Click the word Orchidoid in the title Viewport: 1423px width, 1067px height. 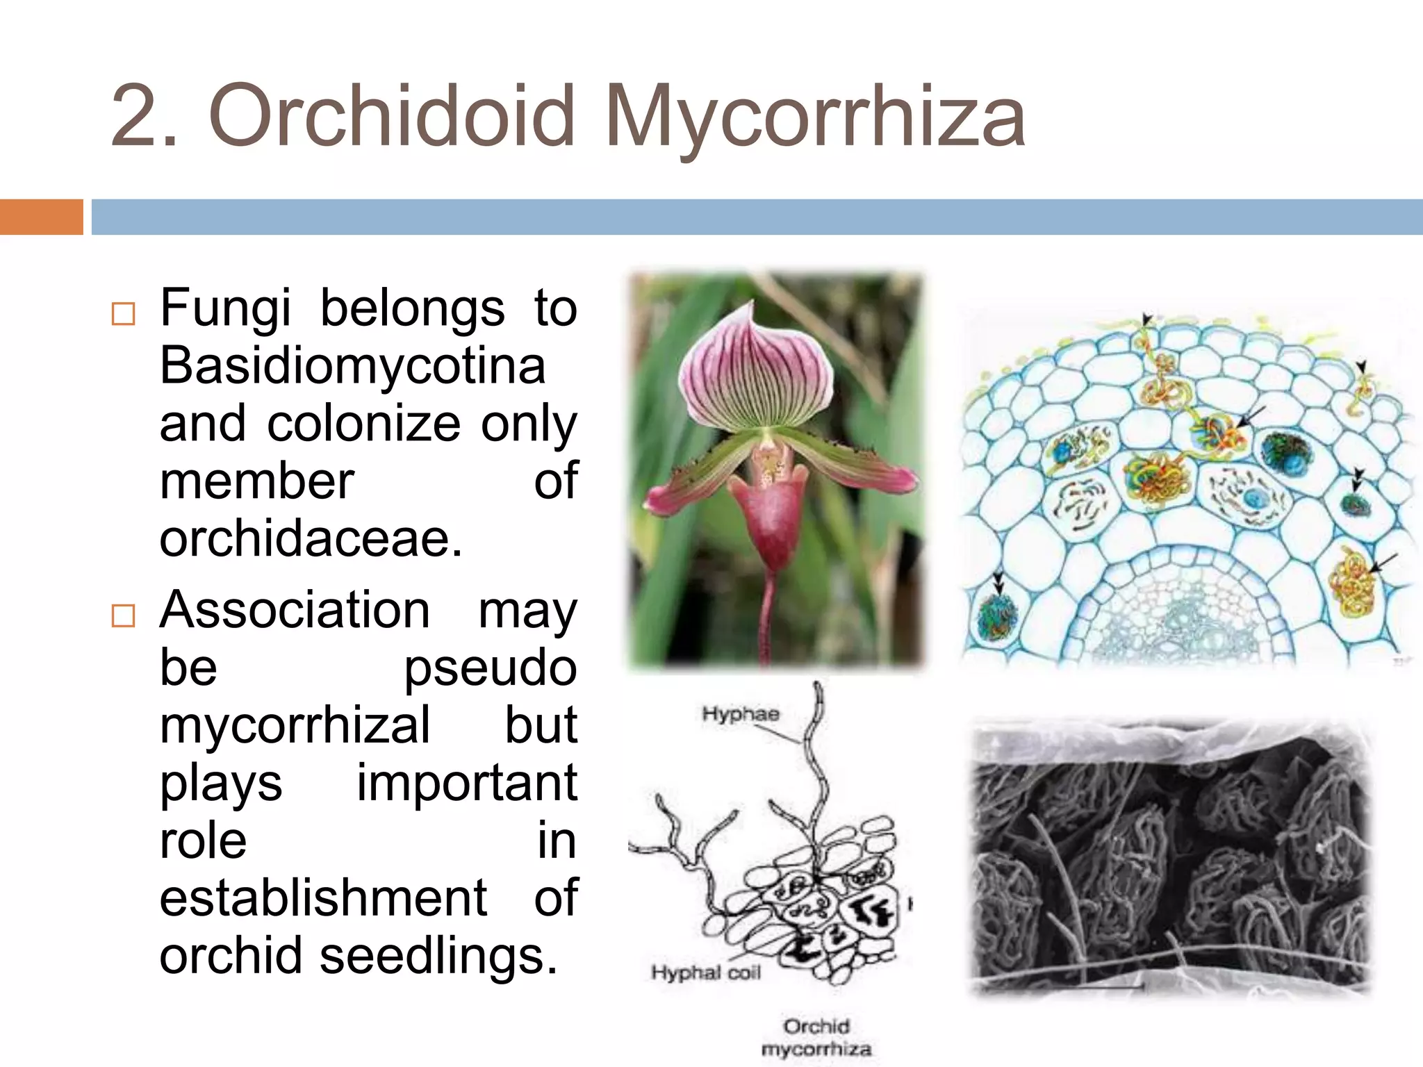pos(392,115)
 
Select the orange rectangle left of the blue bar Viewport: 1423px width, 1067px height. pos(41,217)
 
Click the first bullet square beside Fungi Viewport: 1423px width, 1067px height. pos(123,314)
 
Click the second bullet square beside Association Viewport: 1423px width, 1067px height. pos(123,615)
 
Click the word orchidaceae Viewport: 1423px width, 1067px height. pos(310,539)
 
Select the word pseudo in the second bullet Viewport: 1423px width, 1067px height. pos(490,668)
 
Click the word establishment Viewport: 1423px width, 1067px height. pos(323,898)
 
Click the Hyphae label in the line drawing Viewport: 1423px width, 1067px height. pos(740,713)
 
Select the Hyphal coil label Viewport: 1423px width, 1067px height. pos(705,972)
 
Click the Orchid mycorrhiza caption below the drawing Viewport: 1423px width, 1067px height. pos(816,1037)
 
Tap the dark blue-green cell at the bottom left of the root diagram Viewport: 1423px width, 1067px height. pos(998,615)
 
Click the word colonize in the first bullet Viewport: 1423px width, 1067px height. pos(363,424)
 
